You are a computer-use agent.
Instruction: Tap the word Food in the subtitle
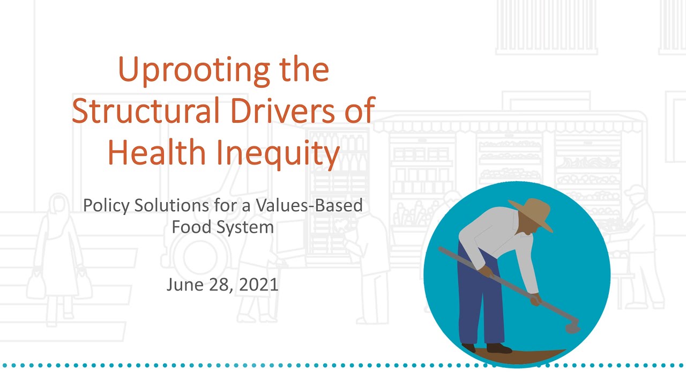[191, 227]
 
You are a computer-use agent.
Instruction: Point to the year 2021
[259, 284]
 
